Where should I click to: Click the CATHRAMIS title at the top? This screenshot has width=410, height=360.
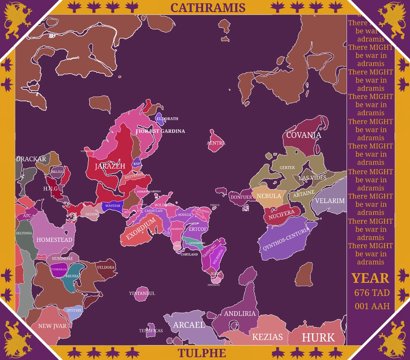tap(208, 7)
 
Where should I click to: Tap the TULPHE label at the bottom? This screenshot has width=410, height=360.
tap(202, 353)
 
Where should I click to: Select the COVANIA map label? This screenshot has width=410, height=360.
tap(304, 135)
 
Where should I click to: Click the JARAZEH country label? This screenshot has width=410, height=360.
tap(110, 166)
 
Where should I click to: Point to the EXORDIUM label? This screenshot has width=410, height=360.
tap(141, 229)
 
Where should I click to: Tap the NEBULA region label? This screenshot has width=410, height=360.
tap(269, 196)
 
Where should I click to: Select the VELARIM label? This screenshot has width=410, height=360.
tap(330, 201)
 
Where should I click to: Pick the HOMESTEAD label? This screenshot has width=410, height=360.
tap(54, 240)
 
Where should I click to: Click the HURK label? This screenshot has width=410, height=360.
tap(318, 337)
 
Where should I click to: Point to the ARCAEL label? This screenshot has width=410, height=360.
tap(189, 325)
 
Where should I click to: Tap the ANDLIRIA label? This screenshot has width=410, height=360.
tap(240, 314)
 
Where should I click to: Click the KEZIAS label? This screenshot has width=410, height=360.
tap(268, 337)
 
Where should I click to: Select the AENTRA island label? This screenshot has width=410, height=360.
tap(216, 143)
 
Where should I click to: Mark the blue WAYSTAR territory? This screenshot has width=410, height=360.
tap(112, 206)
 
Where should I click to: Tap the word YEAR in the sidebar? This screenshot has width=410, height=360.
tap(370, 278)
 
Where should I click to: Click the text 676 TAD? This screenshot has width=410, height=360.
tap(372, 293)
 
